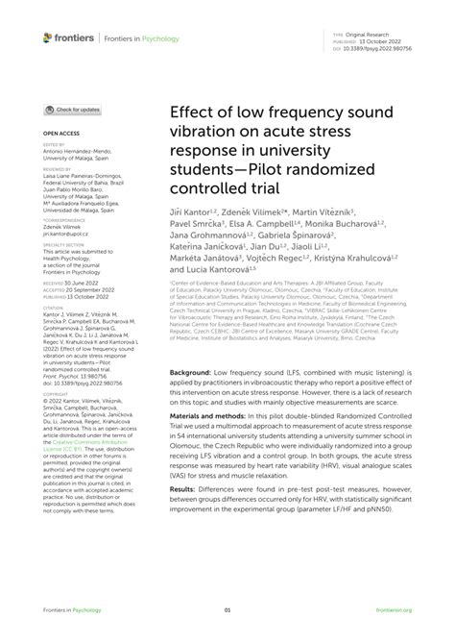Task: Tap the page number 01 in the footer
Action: click(x=227, y=609)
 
